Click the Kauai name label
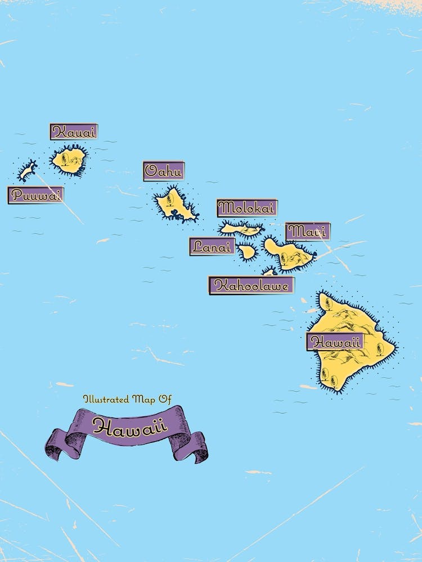pyautogui.click(x=74, y=132)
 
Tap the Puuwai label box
pyautogui.click(x=35, y=195)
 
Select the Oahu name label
pyautogui.click(x=164, y=171)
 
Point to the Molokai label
pyautogui.click(x=247, y=208)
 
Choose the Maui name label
pyautogui.click(x=308, y=232)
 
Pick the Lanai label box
pyautogui.click(x=212, y=246)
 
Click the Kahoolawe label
pyautogui.click(x=252, y=285)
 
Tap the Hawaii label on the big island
pyautogui.click(x=335, y=342)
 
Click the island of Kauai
pyautogui.click(x=69, y=160)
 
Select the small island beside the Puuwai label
pyautogui.click(x=26, y=171)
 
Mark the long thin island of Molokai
pyautogui.click(x=241, y=228)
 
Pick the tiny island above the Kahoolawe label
pyautogui.click(x=270, y=272)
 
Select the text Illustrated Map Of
pyautogui.click(x=127, y=399)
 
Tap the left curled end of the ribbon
pyautogui.click(x=56, y=445)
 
